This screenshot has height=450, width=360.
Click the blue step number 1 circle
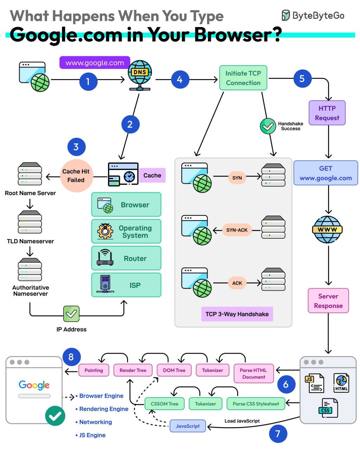pos(88,82)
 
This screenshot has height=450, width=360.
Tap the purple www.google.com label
pos(95,63)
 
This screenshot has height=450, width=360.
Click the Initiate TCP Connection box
pos(243,78)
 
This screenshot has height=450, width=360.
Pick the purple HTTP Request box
pos(327,113)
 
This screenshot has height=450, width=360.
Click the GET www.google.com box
pos(326,173)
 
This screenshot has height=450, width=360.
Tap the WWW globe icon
pos(327,230)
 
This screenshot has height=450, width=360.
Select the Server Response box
pos(328,301)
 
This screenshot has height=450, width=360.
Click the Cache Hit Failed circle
pos(76,176)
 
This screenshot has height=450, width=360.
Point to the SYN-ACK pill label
pos(237,230)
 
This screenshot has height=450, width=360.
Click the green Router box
pos(126,258)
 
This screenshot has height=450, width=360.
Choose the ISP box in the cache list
pos(126,285)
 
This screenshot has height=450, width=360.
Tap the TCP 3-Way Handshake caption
pos(237,314)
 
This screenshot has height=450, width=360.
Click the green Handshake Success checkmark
pos(268,126)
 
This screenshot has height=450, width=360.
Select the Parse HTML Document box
pos(253,373)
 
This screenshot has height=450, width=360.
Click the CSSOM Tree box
pos(164,404)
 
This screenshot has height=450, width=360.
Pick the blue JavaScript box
pos(188,426)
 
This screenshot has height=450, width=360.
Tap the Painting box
pos(94,370)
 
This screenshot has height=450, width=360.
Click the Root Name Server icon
pos(30,174)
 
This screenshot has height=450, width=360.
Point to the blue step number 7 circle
pos(278,434)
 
